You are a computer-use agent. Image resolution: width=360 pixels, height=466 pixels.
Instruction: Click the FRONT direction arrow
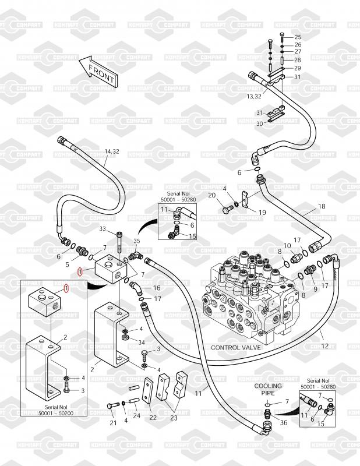pos(98,72)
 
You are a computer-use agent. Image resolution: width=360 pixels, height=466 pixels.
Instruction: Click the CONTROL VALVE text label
pos(236,347)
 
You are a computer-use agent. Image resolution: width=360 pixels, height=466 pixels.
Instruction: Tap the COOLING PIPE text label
pos(268,389)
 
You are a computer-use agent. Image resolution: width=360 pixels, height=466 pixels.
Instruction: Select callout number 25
pos(298,37)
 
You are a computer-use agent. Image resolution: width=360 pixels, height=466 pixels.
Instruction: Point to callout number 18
pos(322,206)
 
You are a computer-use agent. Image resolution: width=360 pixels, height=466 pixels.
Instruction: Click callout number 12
pos(325,345)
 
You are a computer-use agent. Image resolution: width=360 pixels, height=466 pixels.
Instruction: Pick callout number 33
pos(103,228)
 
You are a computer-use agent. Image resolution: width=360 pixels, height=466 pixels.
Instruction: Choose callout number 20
pos(211,195)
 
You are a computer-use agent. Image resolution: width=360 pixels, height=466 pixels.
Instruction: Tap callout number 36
pos(284,422)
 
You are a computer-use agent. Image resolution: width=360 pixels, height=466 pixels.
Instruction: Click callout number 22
pos(153,418)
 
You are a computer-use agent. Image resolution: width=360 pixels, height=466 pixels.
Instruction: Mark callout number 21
pos(113,423)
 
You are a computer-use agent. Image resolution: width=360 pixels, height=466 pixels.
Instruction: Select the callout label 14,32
pos(112,151)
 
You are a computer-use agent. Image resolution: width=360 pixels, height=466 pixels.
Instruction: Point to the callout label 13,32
pos(254,96)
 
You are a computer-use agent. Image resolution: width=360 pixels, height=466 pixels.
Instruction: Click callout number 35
pos(136,241)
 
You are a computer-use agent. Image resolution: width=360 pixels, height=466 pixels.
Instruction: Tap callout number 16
pos(157,288)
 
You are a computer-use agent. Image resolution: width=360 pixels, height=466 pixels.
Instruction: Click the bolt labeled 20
pos(227,209)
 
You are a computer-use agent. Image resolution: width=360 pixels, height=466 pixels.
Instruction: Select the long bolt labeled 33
pos(119,242)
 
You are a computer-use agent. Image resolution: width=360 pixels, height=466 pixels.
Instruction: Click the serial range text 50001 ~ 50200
pos(55,413)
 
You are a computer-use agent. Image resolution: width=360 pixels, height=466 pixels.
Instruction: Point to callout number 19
pos(262,213)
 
